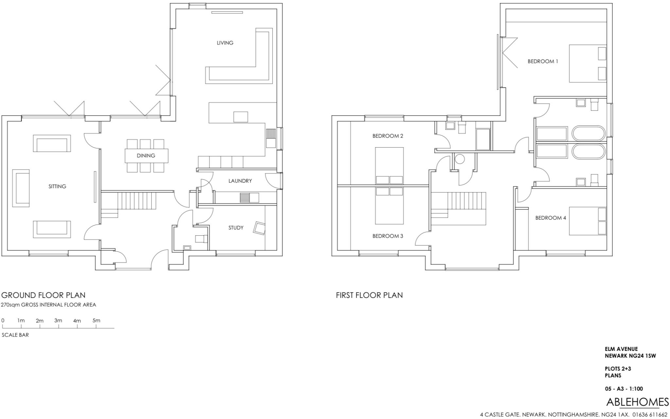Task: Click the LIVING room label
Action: (x=225, y=43)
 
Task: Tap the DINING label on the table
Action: (x=146, y=155)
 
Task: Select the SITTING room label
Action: (x=57, y=186)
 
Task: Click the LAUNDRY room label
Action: (x=240, y=181)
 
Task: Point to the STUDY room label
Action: (x=236, y=228)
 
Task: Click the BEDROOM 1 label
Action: (x=542, y=61)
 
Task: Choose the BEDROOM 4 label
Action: (x=550, y=218)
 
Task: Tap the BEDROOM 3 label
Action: (x=387, y=236)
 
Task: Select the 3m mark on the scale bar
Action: (x=58, y=321)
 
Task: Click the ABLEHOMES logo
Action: (x=637, y=402)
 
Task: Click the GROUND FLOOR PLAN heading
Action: (x=43, y=295)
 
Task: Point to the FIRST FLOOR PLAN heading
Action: (x=369, y=295)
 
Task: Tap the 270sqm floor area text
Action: (x=48, y=305)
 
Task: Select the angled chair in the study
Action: (x=259, y=228)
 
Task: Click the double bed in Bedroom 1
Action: (x=587, y=64)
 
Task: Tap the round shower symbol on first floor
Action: (x=460, y=159)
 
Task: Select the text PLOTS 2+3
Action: (x=618, y=369)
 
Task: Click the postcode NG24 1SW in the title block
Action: (x=643, y=356)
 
